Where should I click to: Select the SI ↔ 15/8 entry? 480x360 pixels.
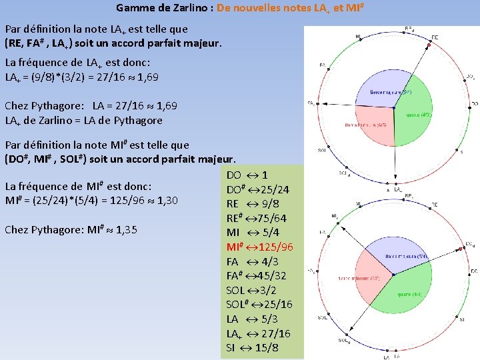coord(252,348)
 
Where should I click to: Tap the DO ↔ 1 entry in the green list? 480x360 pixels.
coord(247,175)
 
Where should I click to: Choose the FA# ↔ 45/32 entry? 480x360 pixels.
coord(256,275)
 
